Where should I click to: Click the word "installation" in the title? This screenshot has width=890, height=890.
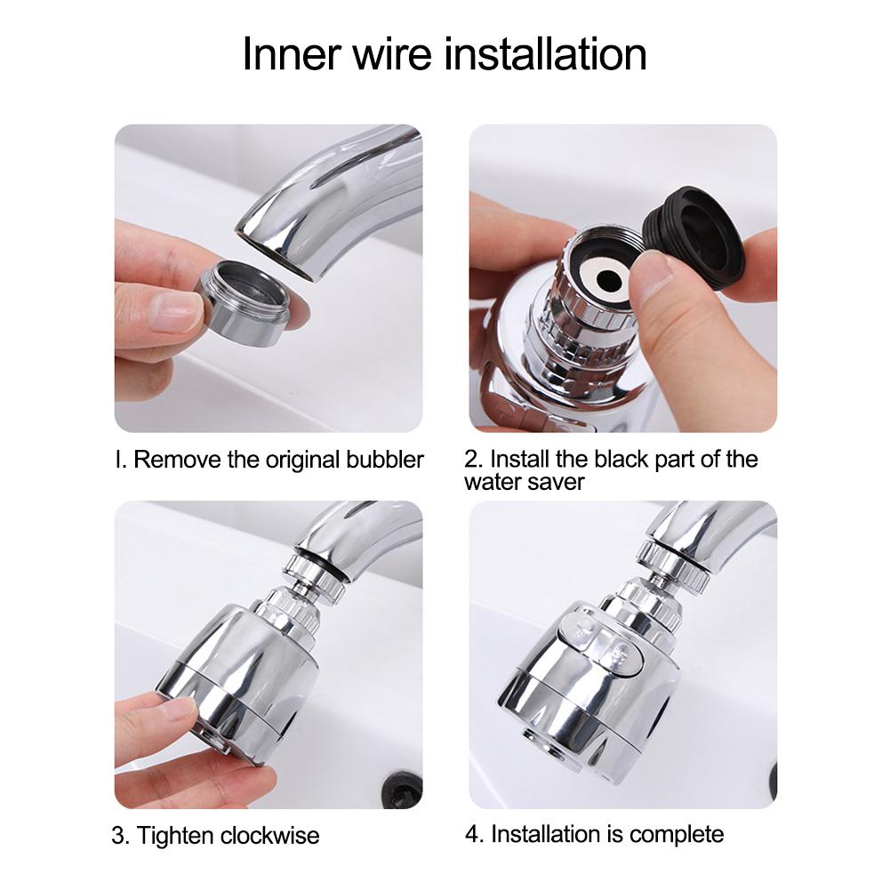544,54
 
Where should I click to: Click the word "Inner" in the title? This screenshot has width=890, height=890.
292,54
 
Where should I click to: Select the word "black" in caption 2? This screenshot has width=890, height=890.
621,459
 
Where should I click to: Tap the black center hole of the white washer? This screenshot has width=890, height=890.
608,279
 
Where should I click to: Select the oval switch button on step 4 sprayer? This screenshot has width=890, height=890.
601,646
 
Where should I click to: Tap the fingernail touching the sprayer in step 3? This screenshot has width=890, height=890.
180,710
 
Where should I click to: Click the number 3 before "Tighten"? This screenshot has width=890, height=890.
120,836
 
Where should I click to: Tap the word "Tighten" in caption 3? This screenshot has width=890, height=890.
175,836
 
